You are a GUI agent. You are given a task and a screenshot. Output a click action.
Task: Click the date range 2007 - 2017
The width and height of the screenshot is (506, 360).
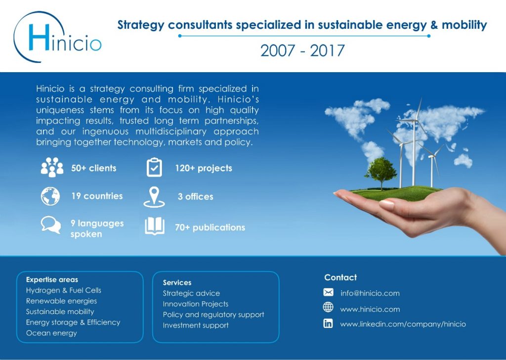(x=302, y=51)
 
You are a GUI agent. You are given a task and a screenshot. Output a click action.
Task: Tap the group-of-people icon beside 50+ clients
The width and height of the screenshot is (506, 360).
(x=52, y=167)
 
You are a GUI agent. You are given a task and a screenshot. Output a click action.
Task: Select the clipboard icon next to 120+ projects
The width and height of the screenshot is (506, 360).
(x=154, y=167)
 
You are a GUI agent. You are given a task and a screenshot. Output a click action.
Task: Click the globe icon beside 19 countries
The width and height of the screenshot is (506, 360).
(x=50, y=196)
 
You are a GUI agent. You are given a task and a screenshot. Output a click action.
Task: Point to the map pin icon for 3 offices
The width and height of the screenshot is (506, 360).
(x=154, y=197)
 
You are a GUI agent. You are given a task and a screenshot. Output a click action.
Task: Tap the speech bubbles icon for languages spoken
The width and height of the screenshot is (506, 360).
(x=51, y=225)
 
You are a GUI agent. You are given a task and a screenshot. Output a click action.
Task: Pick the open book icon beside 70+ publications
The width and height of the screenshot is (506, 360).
(x=155, y=225)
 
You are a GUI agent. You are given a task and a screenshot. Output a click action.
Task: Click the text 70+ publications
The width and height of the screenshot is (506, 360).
(x=210, y=227)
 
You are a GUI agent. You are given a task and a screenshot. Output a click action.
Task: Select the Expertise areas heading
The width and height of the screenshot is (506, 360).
(x=52, y=279)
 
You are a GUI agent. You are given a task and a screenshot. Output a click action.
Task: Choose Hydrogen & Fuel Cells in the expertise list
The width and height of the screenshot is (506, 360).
(x=64, y=290)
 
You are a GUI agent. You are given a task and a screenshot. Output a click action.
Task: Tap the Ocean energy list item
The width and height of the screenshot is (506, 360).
(x=51, y=333)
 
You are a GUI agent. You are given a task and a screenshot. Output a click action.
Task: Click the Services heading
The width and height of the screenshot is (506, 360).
(x=177, y=282)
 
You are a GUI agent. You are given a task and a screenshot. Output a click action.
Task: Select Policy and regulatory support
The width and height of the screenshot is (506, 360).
(x=213, y=315)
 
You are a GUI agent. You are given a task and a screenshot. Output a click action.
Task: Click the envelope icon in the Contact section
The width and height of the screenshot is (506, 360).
(x=328, y=292)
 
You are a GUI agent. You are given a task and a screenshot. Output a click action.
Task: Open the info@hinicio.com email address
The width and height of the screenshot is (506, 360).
(x=370, y=293)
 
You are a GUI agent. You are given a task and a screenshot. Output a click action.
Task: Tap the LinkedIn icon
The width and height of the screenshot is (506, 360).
(x=328, y=323)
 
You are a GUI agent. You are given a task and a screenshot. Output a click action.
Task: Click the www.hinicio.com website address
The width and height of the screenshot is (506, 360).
(x=370, y=309)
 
